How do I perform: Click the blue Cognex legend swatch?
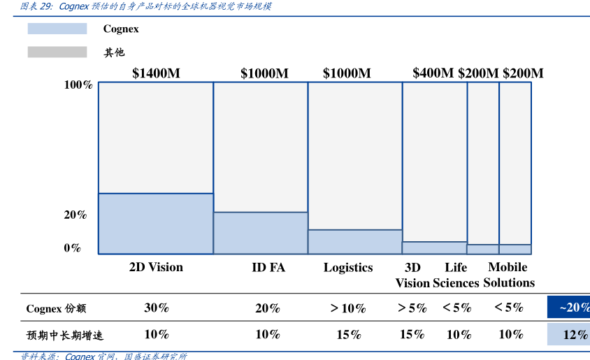tap(57, 29)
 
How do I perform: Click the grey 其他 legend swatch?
tap(57, 52)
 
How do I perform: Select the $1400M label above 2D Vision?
tap(156, 73)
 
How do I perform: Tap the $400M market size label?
tap(433, 73)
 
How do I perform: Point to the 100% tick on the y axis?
tap(78, 85)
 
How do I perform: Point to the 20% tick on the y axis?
tap(75, 215)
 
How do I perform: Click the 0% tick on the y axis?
tap(73, 247)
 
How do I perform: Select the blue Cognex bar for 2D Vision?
tap(156, 224)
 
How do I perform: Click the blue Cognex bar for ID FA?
tap(261, 233)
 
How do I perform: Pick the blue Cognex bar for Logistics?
tap(355, 242)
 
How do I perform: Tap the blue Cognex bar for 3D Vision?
tap(435, 248)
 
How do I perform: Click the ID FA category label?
tap(268, 267)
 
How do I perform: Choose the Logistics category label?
tap(348, 267)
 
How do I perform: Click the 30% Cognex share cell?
tap(157, 308)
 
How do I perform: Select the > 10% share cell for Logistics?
tap(348, 308)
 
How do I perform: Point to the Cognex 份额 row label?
tap(56, 308)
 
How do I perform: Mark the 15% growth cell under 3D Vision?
tap(412, 334)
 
